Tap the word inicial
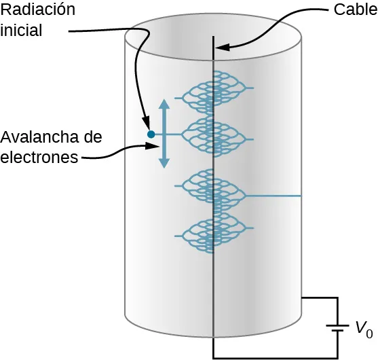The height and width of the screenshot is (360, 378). (22, 31)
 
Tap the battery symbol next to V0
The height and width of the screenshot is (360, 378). (337, 328)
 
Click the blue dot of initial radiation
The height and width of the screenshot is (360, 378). (151, 134)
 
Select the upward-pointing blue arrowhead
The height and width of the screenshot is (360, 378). (164, 105)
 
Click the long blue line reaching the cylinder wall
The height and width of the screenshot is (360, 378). (275, 196)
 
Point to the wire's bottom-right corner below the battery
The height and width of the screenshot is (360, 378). (338, 357)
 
